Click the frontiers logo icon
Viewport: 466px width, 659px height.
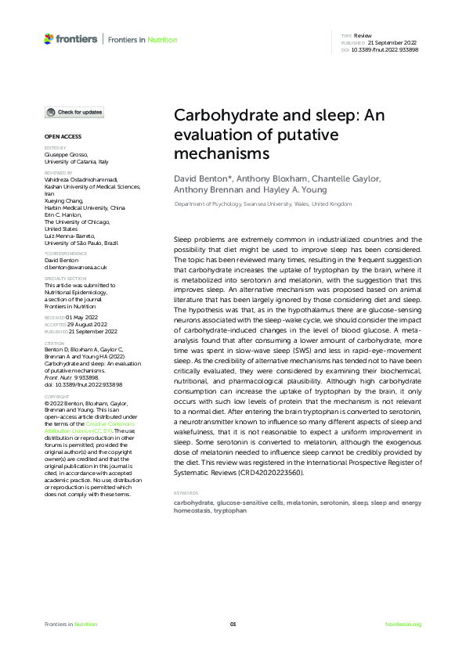[49, 38]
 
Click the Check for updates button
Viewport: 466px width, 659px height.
[74, 113]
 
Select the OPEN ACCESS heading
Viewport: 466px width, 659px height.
[60, 136]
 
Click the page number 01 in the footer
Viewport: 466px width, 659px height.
[233, 624]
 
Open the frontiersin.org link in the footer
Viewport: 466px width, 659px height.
[403, 624]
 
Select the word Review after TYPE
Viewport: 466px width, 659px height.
[363, 36]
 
